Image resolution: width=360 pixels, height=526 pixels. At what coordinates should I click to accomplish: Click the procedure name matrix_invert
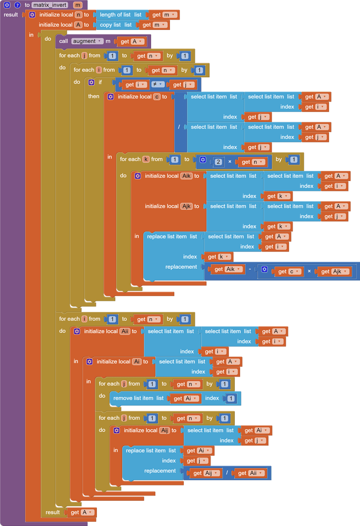coord(51,5)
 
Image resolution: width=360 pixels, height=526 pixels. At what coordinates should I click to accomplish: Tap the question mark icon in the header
coord(17,5)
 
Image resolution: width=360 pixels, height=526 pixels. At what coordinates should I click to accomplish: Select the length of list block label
coord(115,15)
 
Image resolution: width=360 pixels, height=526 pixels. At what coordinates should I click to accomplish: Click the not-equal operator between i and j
coord(157,84)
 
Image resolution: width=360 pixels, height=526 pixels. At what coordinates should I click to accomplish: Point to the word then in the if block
coord(94,96)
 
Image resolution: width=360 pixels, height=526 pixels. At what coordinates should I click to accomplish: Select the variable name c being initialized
coord(156,97)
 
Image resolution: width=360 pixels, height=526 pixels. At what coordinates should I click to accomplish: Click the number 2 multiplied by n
coord(218,162)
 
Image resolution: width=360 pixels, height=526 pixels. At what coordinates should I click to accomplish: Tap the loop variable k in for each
coord(146,159)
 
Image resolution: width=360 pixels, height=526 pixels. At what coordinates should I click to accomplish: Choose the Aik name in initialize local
coord(186,176)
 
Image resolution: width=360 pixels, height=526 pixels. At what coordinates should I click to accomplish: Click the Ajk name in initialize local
coord(186,206)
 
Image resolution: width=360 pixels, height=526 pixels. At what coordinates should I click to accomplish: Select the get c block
coord(289,271)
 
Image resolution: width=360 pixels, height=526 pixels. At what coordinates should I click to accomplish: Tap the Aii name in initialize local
coord(125,331)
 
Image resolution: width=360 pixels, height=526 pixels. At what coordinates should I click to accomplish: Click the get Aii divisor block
coord(250,473)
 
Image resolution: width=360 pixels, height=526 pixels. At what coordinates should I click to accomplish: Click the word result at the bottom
coord(53,512)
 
